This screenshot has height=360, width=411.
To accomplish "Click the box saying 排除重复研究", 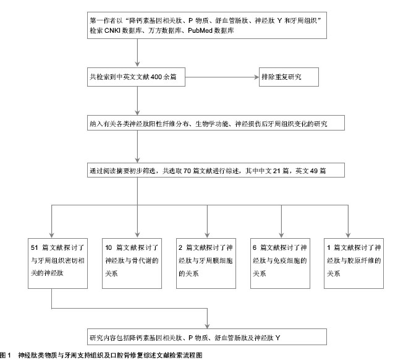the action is pos(289,77).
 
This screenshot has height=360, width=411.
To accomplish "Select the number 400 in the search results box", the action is pos(156,77).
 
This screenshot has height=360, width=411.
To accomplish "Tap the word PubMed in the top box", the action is pos(200,30).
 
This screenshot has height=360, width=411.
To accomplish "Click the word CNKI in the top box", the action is pos(112,30).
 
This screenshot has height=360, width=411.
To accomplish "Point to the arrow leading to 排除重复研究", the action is pos(222,77).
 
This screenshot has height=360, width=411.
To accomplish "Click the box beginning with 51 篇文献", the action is pos(57,263).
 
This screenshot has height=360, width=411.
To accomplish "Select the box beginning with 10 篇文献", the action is pos(132,263).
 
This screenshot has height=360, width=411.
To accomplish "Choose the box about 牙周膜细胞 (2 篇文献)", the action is pos(206,263).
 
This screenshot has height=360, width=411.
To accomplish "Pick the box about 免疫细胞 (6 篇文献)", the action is pos(280,263).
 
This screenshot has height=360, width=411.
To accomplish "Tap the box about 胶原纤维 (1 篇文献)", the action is pos(354,263).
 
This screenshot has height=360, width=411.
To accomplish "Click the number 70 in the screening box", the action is pos(187,171).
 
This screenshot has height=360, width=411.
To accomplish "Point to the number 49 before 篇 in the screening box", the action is pos(314,171).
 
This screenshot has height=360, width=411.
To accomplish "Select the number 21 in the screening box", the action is pos(277,171).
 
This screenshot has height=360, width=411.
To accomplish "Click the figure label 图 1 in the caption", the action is pos(6,355).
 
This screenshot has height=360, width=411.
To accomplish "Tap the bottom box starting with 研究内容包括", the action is pos(207,336).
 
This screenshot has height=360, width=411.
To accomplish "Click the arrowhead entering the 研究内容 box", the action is pos(207,326).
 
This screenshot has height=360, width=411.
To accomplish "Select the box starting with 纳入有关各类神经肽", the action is pos(216,123).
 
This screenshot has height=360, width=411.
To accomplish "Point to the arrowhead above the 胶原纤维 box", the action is pos(348,236).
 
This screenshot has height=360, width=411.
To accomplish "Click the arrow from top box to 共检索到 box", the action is pos(137,53).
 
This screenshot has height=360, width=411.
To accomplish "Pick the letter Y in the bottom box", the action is pos(278,338).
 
